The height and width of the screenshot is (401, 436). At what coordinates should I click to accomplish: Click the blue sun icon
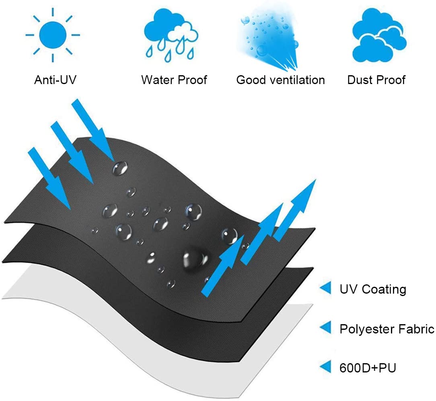point(53,35)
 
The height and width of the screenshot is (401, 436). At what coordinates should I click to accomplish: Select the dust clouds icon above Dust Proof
point(379,35)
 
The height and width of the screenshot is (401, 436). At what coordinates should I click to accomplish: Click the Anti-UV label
point(55,80)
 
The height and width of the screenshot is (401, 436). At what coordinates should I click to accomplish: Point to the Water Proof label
point(174,80)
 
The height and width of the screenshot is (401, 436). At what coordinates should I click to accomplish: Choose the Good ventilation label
point(281,80)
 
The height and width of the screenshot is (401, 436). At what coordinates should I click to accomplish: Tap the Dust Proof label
point(376,80)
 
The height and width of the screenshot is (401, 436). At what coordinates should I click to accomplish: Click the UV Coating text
point(373,289)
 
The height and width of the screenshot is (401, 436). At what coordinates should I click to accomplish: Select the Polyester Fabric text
point(387,329)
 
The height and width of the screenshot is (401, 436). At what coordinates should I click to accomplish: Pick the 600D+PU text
point(368,368)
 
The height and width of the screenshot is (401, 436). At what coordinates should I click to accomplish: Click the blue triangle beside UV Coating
point(326,288)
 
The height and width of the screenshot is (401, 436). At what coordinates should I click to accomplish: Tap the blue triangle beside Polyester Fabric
point(326,327)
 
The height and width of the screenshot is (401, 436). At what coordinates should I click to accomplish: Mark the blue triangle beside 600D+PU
point(326,366)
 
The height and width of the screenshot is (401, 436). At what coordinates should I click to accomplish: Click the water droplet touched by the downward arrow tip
point(120,168)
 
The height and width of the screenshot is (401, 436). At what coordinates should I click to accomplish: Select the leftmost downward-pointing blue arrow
point(49,178)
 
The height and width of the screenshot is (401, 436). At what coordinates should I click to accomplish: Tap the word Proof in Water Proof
point(192,80)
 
